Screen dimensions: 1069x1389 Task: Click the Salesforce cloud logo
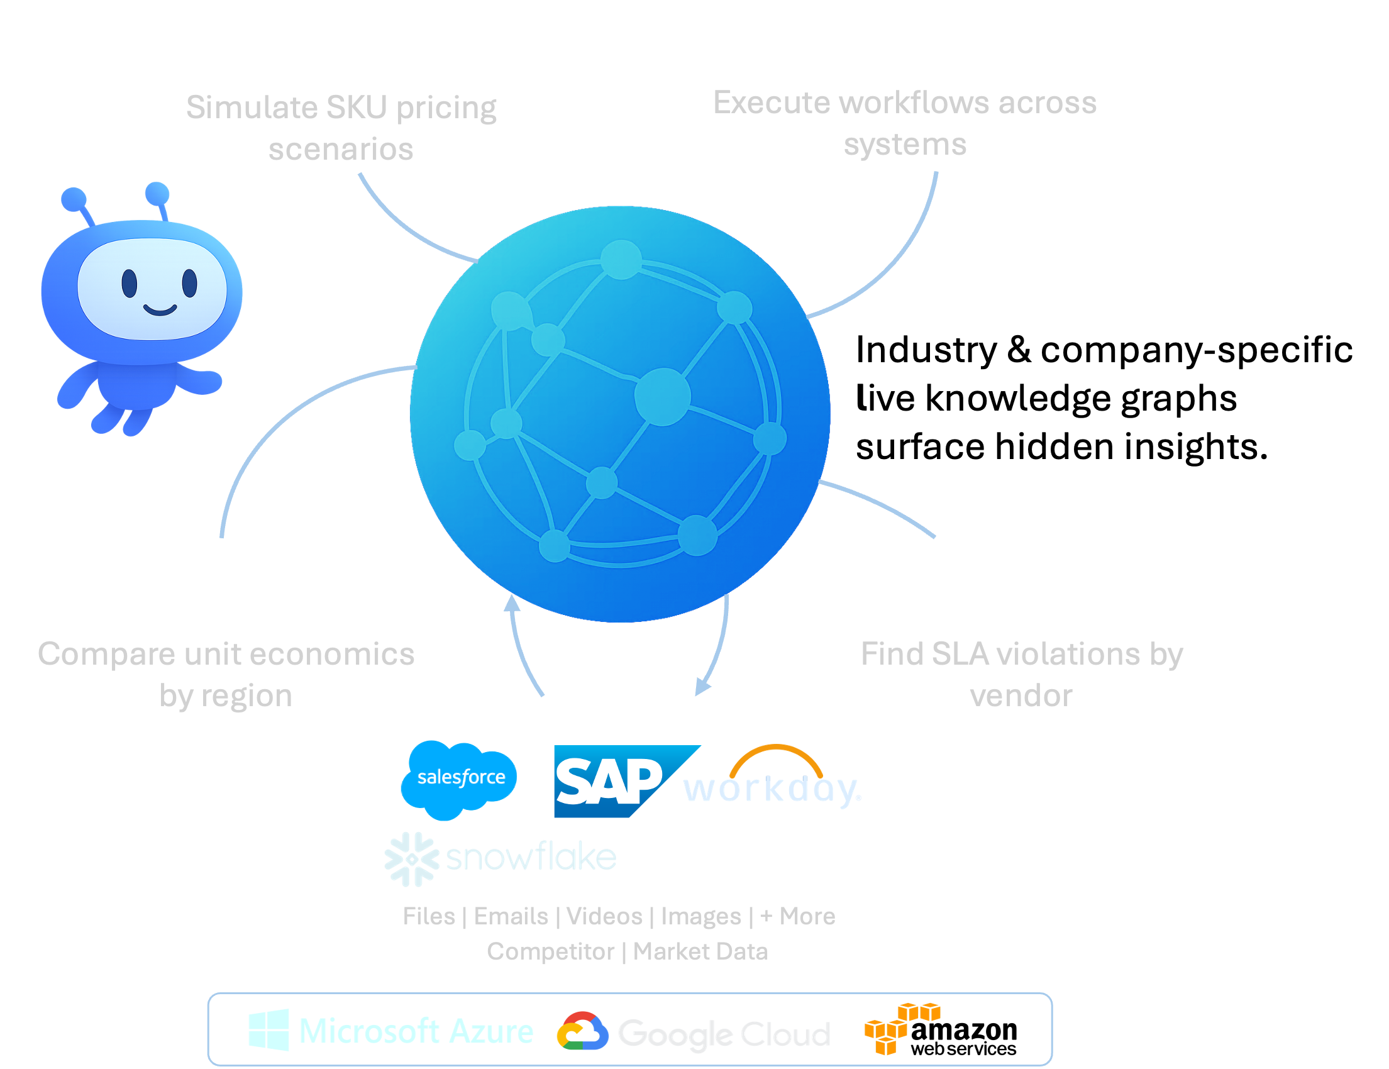click(459, 778)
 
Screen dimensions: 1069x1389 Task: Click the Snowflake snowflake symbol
click(411, 858)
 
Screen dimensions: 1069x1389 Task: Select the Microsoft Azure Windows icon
click(268, 1029)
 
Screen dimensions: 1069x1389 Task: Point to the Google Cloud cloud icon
click(582, 1031)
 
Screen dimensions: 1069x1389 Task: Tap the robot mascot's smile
click(160, 310)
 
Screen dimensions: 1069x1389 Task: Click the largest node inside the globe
click(662, 396)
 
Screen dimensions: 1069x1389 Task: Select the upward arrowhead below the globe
click(512, 602)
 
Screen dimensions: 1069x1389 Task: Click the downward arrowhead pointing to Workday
click(702, 687)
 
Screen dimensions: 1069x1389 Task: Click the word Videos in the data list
click(604, 916)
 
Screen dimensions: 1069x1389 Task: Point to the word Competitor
click(550, 951)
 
